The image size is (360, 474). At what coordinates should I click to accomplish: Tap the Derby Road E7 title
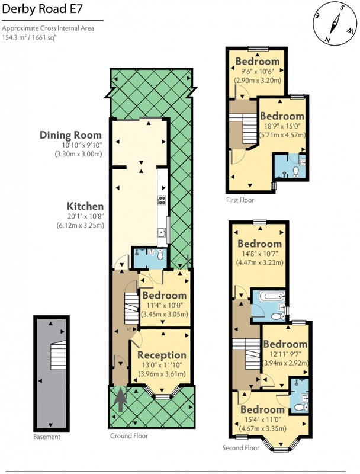42,9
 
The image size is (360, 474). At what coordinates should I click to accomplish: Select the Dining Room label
70,135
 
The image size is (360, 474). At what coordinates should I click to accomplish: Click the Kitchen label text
85,206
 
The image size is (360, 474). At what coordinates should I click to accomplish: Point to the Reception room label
162,355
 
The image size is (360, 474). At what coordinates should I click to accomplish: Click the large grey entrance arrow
120,399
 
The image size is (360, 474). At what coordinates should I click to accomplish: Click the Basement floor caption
47,437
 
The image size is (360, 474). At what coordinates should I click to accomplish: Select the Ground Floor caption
129,436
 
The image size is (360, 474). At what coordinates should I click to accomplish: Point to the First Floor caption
240,200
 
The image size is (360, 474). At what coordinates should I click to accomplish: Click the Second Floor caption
241,448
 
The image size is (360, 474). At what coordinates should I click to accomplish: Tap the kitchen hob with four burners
162,200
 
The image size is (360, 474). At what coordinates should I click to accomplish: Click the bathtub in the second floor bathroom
272,296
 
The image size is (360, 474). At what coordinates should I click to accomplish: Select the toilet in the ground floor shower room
160,255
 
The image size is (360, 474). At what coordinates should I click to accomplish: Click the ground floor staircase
131,309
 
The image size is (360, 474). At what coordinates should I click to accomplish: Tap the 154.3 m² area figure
15,38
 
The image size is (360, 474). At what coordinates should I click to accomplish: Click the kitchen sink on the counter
162,233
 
